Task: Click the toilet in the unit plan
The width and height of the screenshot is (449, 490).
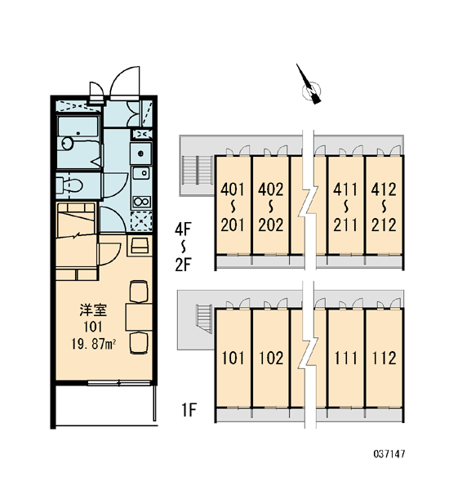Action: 69,185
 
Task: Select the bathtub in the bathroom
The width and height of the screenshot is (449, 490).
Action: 78,127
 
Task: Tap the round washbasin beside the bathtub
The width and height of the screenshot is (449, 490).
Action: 68,144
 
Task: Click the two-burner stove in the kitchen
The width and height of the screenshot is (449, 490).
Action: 141,202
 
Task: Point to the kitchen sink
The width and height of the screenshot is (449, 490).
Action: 141,173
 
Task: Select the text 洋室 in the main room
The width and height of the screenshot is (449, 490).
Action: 93,310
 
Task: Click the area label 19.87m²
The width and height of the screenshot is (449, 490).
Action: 94,345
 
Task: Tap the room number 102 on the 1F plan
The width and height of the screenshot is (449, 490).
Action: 271,359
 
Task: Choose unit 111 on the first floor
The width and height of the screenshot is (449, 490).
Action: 345,359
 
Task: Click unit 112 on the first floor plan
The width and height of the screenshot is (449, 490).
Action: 384,359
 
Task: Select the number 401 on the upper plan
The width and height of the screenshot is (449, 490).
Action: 233,189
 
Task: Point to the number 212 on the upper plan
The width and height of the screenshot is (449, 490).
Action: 384,225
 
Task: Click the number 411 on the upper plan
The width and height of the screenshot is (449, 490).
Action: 345,189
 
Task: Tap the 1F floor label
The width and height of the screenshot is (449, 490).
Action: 189,410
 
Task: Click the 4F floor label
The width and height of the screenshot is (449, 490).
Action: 183,230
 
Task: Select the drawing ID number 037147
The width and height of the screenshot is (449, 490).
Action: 389,454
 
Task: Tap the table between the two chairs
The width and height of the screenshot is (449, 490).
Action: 139,317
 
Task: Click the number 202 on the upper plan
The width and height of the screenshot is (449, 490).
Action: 271,225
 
